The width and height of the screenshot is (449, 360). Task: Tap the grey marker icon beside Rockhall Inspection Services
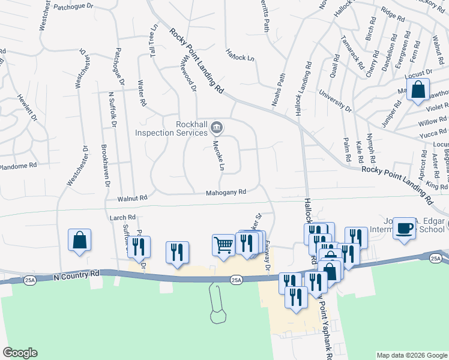point(218,127)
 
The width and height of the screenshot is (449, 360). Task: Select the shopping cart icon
point(223,245)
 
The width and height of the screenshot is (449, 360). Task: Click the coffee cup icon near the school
point(405,228)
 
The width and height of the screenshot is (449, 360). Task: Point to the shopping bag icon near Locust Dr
point(418,90)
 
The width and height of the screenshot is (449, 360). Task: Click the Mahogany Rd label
point(226,193)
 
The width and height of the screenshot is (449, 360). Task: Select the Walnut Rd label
point(132,197)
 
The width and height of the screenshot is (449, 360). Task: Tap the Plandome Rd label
point(18,165)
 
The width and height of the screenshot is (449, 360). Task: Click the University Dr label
point(336,101)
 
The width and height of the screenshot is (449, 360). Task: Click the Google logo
point(20,353)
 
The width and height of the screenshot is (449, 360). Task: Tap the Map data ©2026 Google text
point(411,355)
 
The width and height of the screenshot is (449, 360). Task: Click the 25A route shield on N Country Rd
point(236,280)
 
